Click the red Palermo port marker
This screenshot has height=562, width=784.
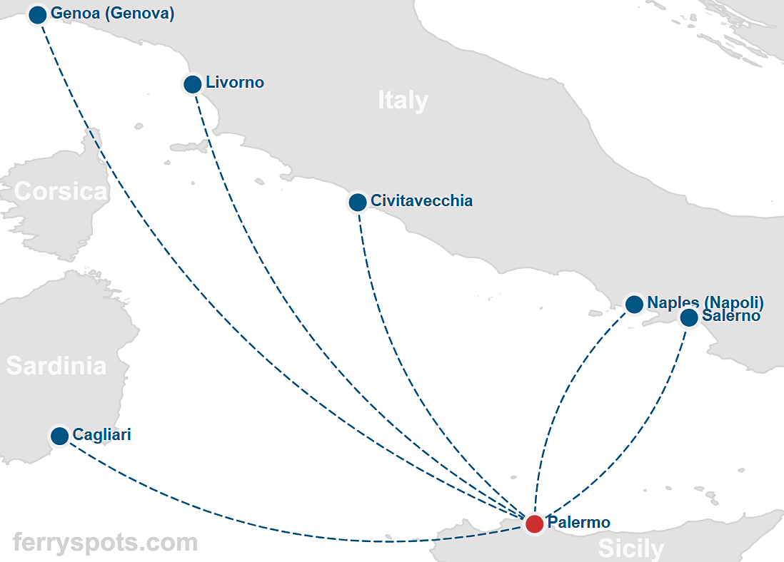[534, 524]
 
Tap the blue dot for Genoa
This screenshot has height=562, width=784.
[38, 14]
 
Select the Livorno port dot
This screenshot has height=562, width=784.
[192, 84]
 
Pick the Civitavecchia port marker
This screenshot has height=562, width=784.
[358, 203]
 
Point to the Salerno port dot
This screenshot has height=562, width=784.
[689, 318]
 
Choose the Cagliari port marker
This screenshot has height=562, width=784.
[60, 436]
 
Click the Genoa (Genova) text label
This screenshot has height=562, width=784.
[112, 14]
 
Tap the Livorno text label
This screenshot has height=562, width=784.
[234, 83]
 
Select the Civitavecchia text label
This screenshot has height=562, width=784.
[421, 201]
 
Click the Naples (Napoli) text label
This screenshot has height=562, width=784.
[705, 302]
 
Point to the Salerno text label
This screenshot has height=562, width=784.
[731, 316]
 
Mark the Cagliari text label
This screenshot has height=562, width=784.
[101, 434]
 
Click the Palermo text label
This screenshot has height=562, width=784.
[578, 523]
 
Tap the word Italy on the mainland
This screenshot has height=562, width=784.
[403, 101]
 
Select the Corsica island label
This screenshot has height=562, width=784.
[61, 192]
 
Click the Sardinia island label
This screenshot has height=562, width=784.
[56, 366]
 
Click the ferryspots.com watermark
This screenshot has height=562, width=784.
[105, 543]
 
